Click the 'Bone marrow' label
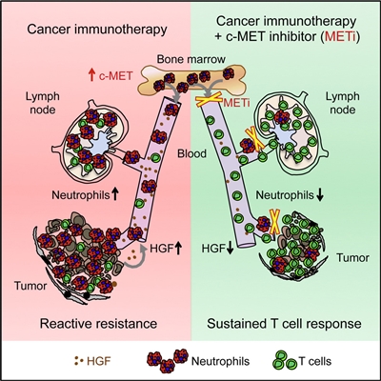(x=191, y=59)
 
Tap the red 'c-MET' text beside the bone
(x=115, y=76)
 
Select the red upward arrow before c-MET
(x=91, y=76)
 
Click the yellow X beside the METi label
(x=209, y=102)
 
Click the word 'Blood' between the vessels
(x=191, y=153)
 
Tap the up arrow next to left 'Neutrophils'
(x=115, y=194)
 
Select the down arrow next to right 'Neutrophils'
(x=320, y=195)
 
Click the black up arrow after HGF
(x=178, y=248)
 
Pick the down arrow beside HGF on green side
(x=231, y=249)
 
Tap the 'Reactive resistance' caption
(x=98, y=324)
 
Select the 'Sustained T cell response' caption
(x=284, y=324)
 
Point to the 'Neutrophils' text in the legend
(x=221, y=361)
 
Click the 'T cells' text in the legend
(x=315, y=361)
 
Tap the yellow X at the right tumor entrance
(x=274, y=222)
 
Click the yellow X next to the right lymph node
(x=254, y=138)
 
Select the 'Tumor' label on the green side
(x=353, y=258)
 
